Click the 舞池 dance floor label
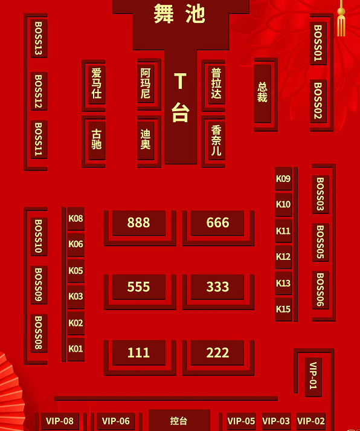tap(179, 13)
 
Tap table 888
tap(139, 222)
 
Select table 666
tap(217, 222)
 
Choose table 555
tap(139, 287)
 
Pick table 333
tap(217, 287)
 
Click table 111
tap(139, 352)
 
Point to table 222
tap(217, 352)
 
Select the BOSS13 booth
tap(39, 38)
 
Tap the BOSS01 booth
tap(318, 43)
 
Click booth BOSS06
tap(321, 290)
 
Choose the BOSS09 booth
tap(39, 285)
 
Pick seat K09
tap(283, 178)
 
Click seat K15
tap(283, 309)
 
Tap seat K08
tap(76, 219)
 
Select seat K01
tap(76, 349)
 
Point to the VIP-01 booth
tap(313, 377)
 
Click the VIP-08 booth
tap(60, 421)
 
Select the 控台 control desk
tap(179, 420)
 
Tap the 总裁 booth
tap(263, 93)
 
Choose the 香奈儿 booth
tap(216, 140)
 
